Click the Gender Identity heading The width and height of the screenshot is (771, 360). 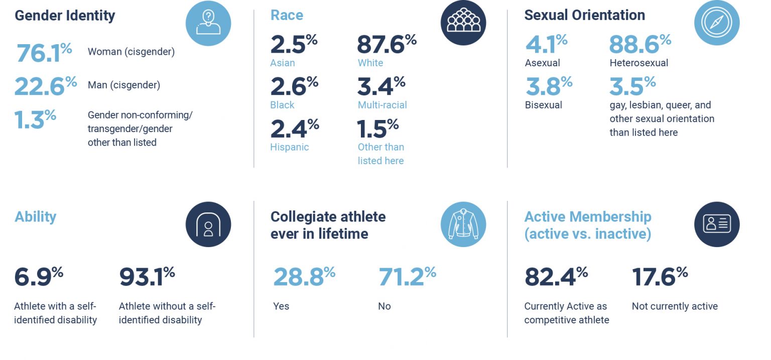[65, 16]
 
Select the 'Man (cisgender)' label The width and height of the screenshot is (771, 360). [124, 85]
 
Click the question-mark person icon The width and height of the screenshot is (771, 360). [208, 23]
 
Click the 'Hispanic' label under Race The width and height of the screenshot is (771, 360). [290, 147]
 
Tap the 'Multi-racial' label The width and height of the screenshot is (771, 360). [382, 105]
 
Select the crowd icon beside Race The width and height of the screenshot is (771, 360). [463, 23]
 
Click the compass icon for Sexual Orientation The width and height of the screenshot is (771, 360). [717, 23]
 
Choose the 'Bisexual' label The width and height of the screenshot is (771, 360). [544, 105]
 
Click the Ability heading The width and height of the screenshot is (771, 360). [36, 217]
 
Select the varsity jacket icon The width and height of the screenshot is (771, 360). [463, 224]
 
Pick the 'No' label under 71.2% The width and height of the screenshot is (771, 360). [384, 306]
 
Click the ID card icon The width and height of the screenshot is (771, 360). [717, 224]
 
